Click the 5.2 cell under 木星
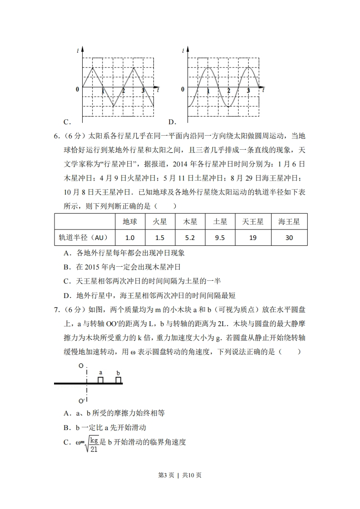click(x=190, y=237)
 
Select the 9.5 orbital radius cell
click(x=220, y=237)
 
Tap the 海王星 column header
click(x=289, y=222)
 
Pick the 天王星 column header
click(x=253, y=222)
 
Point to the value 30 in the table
click(x=289, y=237)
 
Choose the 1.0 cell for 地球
click(x=130, y=237)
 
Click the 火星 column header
click(x=160, y=222)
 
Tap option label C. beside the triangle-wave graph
click(x=66, y=122)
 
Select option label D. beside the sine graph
click(x=172, y=122)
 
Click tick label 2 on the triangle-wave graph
click(x=123, y=91)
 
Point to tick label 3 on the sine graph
click(x=248, y=91)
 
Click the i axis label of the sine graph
click(x=183, y=51)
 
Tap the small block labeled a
click(x=101, y=380)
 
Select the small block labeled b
click(x=118, y=380)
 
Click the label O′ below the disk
click(x=81, y=401)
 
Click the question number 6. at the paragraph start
click(x=57, y=135)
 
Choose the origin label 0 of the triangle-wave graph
click(x=77, y=89)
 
